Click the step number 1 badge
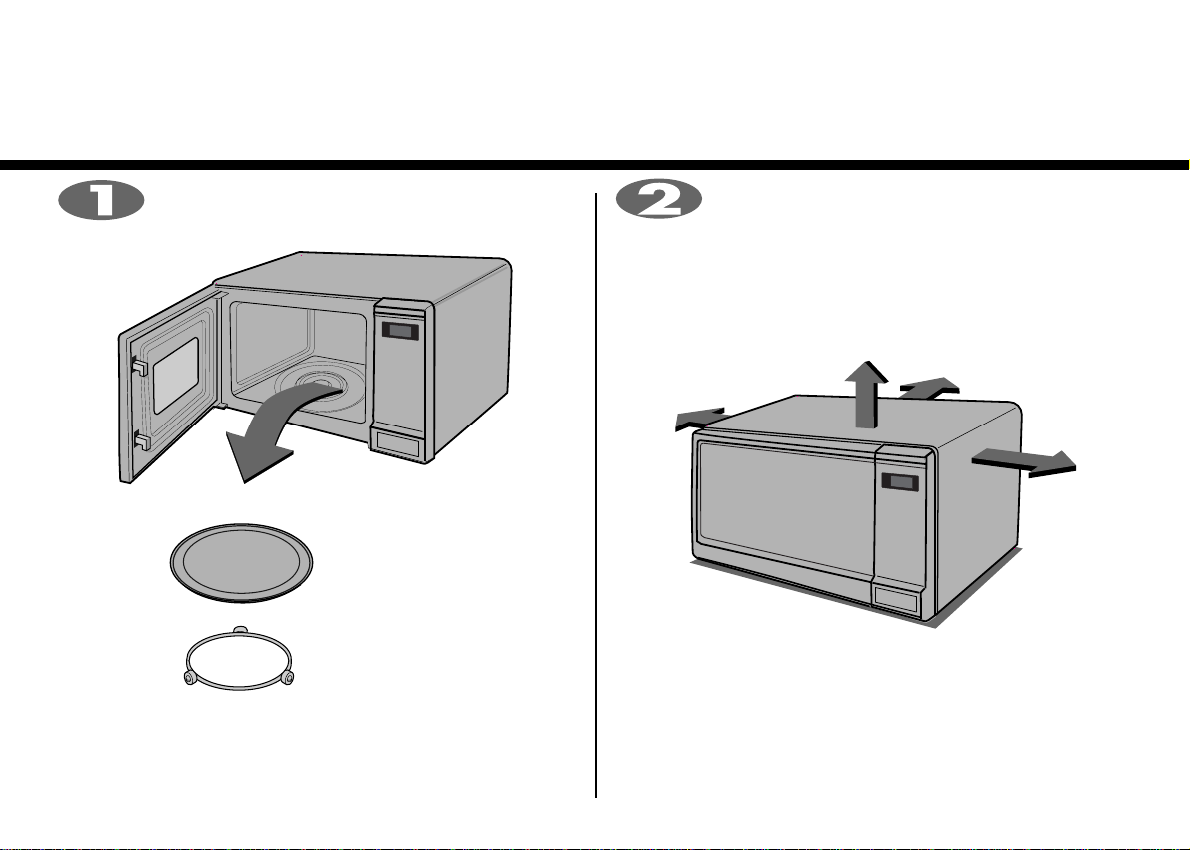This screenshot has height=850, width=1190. pos(101,201)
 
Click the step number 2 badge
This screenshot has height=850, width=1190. pos(658,201)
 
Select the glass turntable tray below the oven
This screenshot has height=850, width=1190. pos(242,564)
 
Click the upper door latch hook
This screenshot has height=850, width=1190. pos(139,366)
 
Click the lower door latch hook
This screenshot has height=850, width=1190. pos(141,440)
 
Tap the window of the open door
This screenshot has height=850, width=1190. pos(175,375)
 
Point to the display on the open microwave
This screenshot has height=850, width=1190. pos(400,331)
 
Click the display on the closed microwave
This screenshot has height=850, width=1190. pos(900,482)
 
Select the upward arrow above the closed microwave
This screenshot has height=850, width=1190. pos(866,394)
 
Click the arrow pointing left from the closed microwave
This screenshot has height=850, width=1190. pos(700,419)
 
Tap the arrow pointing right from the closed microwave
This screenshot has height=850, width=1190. pos(1024,462)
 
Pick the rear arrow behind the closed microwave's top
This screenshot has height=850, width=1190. pos(930,388)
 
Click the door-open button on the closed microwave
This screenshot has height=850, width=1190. pos(896,598)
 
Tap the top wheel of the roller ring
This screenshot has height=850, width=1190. pos(239,630)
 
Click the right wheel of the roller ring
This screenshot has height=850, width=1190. pos(288,678)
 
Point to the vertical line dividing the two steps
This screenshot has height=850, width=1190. pos(596,494)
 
